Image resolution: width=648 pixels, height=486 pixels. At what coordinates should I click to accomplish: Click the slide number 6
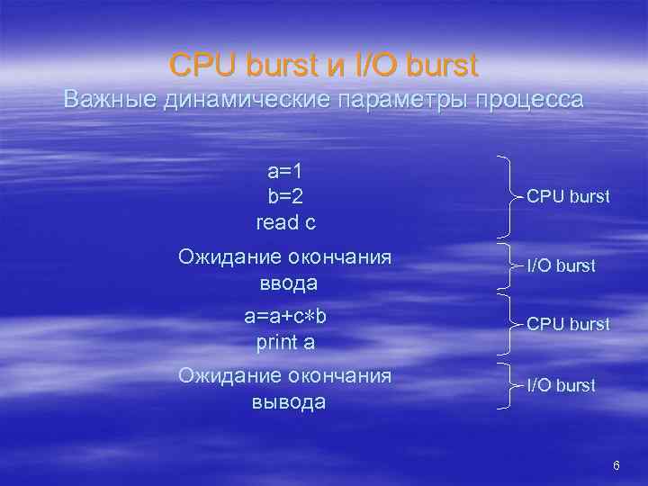(x=616, y=465)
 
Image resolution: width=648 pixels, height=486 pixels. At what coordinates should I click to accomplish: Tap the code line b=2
(x=284, y=196)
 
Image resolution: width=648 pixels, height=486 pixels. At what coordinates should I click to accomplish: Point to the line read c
(x=284, y=221)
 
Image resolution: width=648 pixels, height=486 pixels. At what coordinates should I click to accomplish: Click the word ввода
(x=284, y=283)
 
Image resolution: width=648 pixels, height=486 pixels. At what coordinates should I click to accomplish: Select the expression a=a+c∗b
(x=284, y=317)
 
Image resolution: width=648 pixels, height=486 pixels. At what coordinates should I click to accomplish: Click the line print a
(x=284, y=342)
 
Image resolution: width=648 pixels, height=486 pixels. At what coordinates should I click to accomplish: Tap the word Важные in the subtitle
(x=110, y=99)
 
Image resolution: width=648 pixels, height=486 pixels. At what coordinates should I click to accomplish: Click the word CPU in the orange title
(x=202, y=65)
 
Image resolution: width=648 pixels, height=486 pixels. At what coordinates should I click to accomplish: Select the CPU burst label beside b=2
(x=568, y=194)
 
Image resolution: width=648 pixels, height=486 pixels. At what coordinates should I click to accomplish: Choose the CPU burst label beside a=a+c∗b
(x=568, y=323)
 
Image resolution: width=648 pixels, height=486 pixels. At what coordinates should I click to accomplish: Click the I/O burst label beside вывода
(x=561, y=385)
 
